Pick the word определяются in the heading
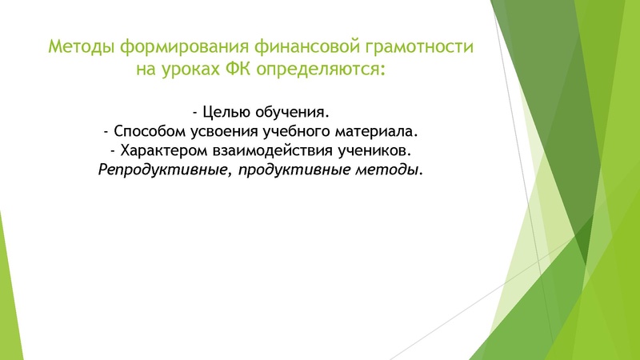325,70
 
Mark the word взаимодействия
262,150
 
